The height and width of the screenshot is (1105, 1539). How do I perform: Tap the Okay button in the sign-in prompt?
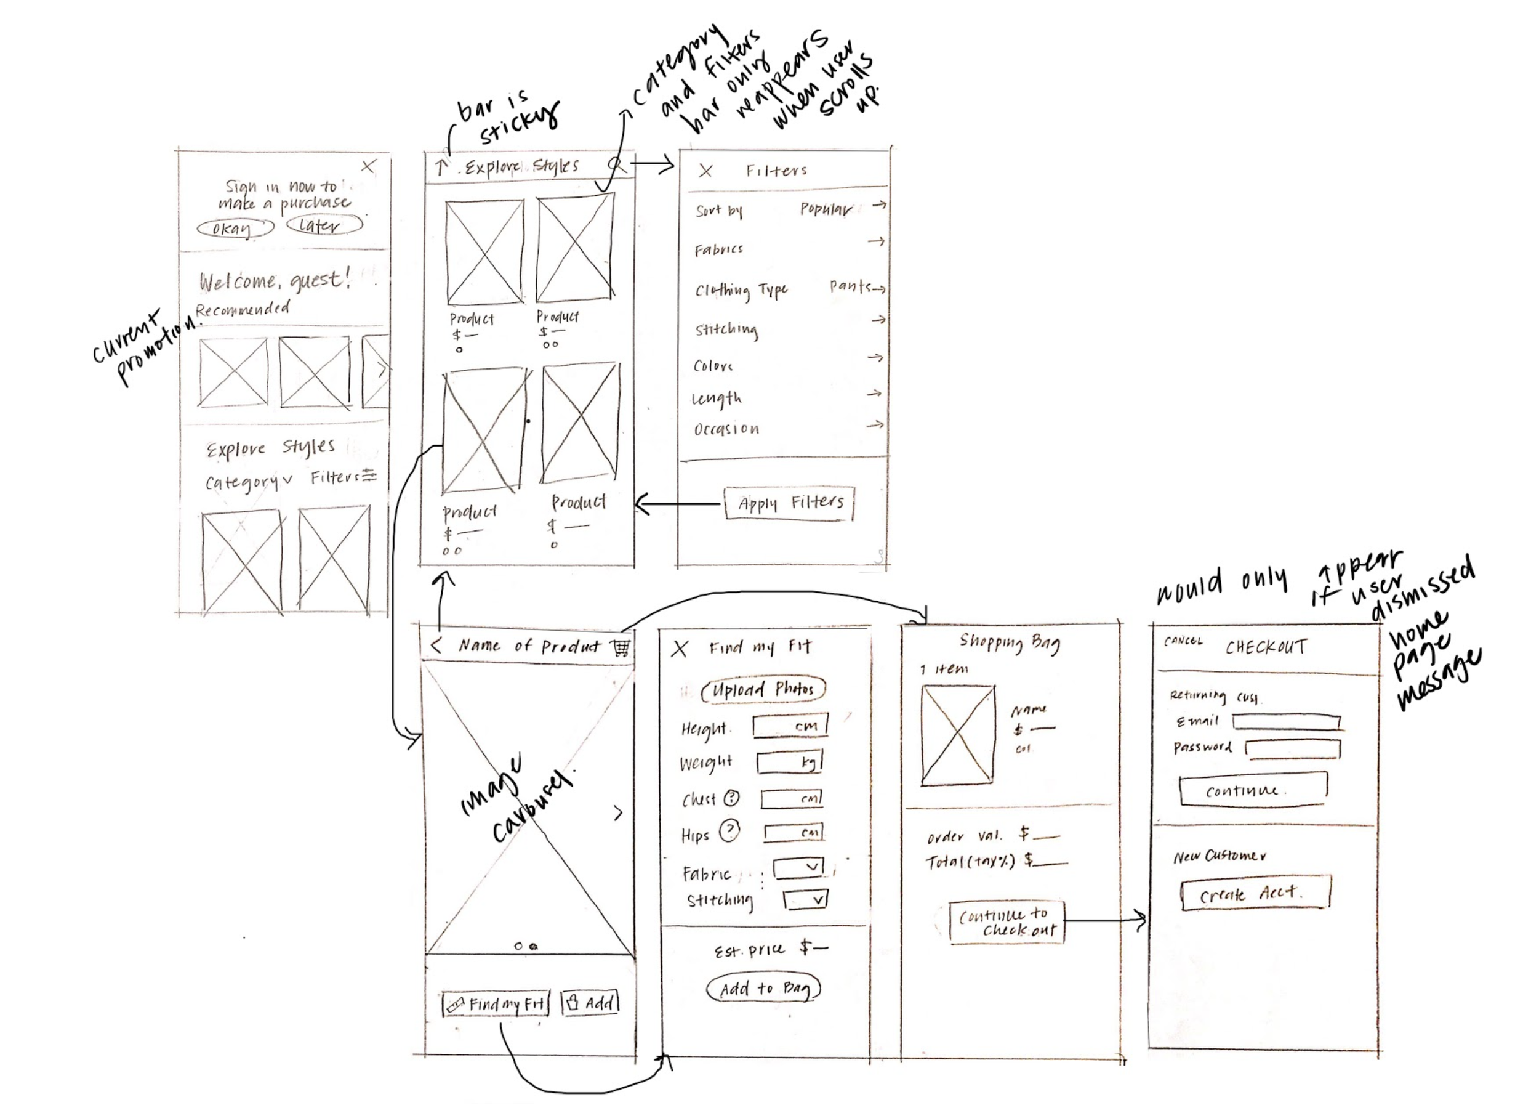coord(235,228)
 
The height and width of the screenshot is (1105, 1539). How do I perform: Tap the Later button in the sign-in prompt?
coord(324,225)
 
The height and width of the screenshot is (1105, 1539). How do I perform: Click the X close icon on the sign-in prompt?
coord(369,166)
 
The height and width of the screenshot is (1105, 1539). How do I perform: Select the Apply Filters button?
coord(789,504)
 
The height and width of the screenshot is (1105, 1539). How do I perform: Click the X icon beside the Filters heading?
coord(705,171)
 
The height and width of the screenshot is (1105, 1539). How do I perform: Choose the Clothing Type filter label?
coord(741,291)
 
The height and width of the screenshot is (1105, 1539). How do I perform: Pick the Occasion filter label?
coord(726,429)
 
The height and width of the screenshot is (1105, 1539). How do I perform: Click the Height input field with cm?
coord(790,726)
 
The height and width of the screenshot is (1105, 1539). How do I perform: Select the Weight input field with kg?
coord(790,763)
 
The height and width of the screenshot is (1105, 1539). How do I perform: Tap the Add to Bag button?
coord(763,989)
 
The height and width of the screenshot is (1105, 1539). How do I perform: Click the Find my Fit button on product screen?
coord(496,1003)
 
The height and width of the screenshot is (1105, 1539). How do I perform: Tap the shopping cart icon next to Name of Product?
coord(620,647)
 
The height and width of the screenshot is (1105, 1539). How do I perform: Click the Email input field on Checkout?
coord(1286,721)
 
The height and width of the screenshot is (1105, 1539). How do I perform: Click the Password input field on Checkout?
coord(1293,748)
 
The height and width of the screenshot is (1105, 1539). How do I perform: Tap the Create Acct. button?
coord(1255,893)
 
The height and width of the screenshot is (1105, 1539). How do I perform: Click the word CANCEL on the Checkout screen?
coord(1183,641)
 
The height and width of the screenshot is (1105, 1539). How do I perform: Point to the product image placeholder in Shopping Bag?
coord(957,735)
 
